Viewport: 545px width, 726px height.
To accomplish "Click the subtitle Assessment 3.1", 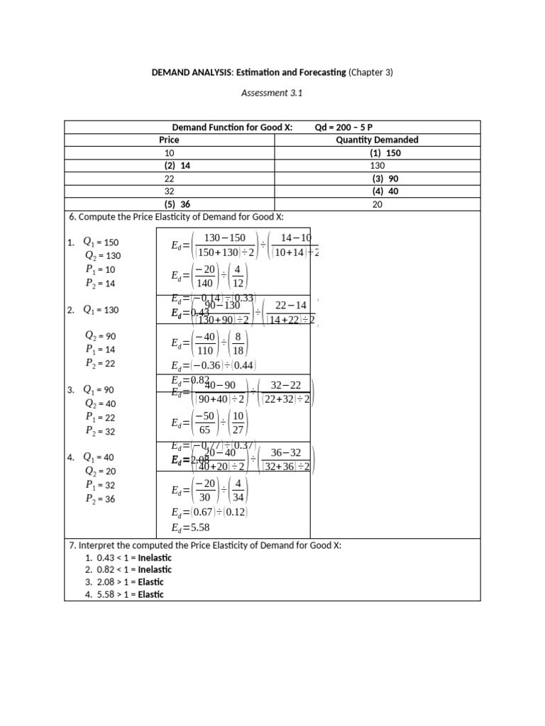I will coord(272,92).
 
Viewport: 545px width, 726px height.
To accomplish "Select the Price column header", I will coord(169,140).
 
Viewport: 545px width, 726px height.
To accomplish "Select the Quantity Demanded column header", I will coord(377,140).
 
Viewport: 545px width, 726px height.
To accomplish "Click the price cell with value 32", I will coord(169,191).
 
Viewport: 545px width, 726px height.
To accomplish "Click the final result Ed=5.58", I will coord(191,527).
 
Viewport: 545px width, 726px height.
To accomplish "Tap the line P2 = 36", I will coord(100,499).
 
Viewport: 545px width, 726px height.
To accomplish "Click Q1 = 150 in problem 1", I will coord(101,242).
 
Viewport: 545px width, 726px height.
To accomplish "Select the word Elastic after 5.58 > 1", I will coord(150,595).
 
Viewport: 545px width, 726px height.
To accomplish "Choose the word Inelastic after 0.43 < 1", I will coord(155,557).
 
